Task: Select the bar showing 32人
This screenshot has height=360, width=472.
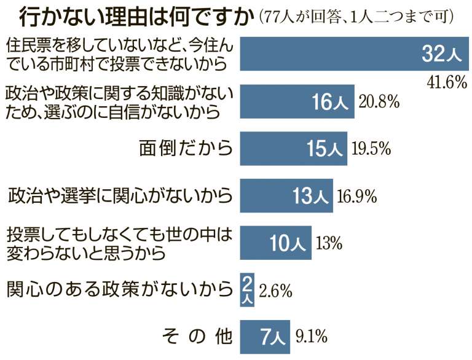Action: click(x=354, y=55)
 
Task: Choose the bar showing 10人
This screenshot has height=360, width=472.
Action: click(x=276, y=242)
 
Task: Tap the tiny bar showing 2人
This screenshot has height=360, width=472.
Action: click(x=246, y=289)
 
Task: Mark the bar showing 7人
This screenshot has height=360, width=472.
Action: click(x=266, y=336)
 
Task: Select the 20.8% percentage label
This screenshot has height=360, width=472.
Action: click(x=380, y=102)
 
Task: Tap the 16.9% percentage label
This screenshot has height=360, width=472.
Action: click(x=357, y=195)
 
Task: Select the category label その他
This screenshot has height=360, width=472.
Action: click(x=197, y=337)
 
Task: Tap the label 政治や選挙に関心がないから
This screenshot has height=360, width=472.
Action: click(x=120, y=196)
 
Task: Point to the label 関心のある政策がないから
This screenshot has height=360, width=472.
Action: click(x=120, y=289)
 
